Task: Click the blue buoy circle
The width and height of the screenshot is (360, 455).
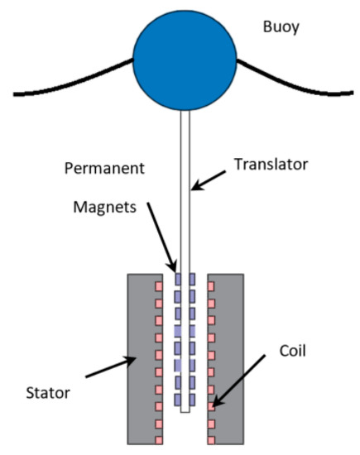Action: [x=185, y=58]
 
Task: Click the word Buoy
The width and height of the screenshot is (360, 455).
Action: [x=281, y=27]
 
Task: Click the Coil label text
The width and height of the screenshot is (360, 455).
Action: [x=292, y=350]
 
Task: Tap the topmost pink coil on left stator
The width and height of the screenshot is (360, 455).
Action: [x=158, y=286]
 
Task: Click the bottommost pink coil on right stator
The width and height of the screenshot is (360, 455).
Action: [x=212, y=436]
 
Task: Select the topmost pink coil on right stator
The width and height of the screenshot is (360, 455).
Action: [x=212, y=286]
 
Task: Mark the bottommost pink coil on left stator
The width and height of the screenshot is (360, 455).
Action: [x=158, y=436]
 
